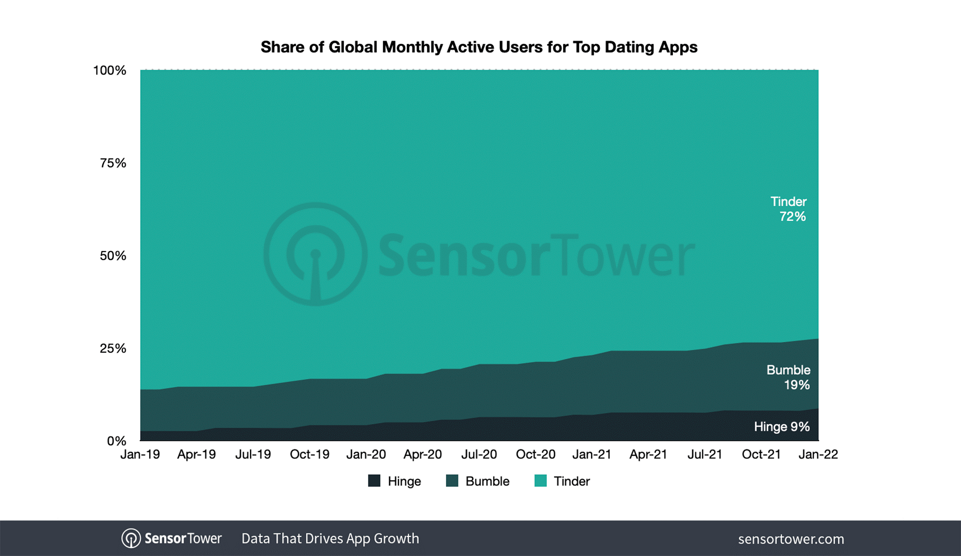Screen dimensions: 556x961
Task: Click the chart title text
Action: pos(478,47)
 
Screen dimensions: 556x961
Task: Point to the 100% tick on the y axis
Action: pos(109,71)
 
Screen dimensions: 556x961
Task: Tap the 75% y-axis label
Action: pos(113,163)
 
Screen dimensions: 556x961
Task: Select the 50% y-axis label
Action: pos(113,256)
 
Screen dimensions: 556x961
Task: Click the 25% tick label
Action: pos(113,349)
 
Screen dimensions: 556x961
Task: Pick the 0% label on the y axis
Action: pos(116,441)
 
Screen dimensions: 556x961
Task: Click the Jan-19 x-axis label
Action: pos(140,454)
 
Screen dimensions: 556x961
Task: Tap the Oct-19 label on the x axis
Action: pos(310,454)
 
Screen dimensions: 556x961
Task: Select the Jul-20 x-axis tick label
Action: pos(479,454)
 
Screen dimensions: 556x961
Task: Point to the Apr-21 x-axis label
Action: pos(648,454)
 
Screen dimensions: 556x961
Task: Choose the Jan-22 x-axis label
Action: pos(818,454)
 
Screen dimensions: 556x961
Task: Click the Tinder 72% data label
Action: pos(789,209)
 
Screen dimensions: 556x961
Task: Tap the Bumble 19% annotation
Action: pos(788,377)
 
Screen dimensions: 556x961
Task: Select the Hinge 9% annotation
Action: pos(782,427)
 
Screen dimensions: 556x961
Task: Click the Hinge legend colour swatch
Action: pos(374,481)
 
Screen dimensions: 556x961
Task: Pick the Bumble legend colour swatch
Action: pos(452,481)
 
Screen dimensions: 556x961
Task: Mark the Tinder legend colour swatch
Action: pos(541,481)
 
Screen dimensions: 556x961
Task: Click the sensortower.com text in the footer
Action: pos(791,539)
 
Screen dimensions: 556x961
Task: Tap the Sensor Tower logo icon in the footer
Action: pos(131,538)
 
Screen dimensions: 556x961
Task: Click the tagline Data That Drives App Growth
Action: pos(330,538)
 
